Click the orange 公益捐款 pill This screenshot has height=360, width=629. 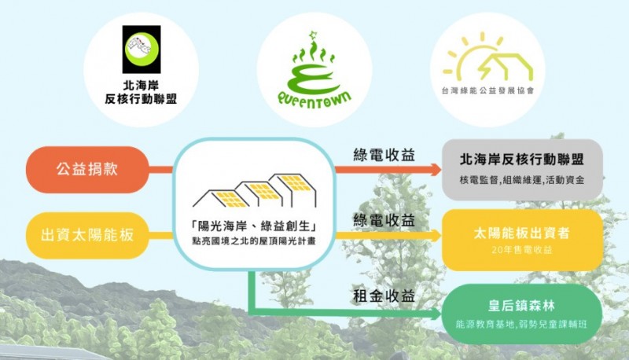coord(87,170)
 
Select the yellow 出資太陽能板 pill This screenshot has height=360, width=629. coord(87,235)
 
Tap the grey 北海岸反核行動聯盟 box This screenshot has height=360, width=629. coord(522,170)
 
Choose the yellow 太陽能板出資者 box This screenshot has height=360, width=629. coord(522,240)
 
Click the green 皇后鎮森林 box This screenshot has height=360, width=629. coord(522,314)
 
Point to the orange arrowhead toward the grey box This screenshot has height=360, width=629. coord(436,170)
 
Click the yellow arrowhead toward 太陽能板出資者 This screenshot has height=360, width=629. coord(436,235)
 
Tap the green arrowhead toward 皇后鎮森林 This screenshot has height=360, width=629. coord(436,313)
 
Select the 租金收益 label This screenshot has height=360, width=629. coord(384,296)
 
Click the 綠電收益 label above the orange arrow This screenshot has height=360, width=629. coord(384,155)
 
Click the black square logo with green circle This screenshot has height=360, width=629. coord(142,50)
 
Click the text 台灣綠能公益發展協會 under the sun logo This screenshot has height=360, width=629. coord(487,91)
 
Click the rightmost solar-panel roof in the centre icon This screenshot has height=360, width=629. coord(294,183)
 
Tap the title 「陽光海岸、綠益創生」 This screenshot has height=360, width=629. coord(254,226)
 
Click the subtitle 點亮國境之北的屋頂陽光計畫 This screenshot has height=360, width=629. coord(254,242)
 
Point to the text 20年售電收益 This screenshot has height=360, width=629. coord(522,250)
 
